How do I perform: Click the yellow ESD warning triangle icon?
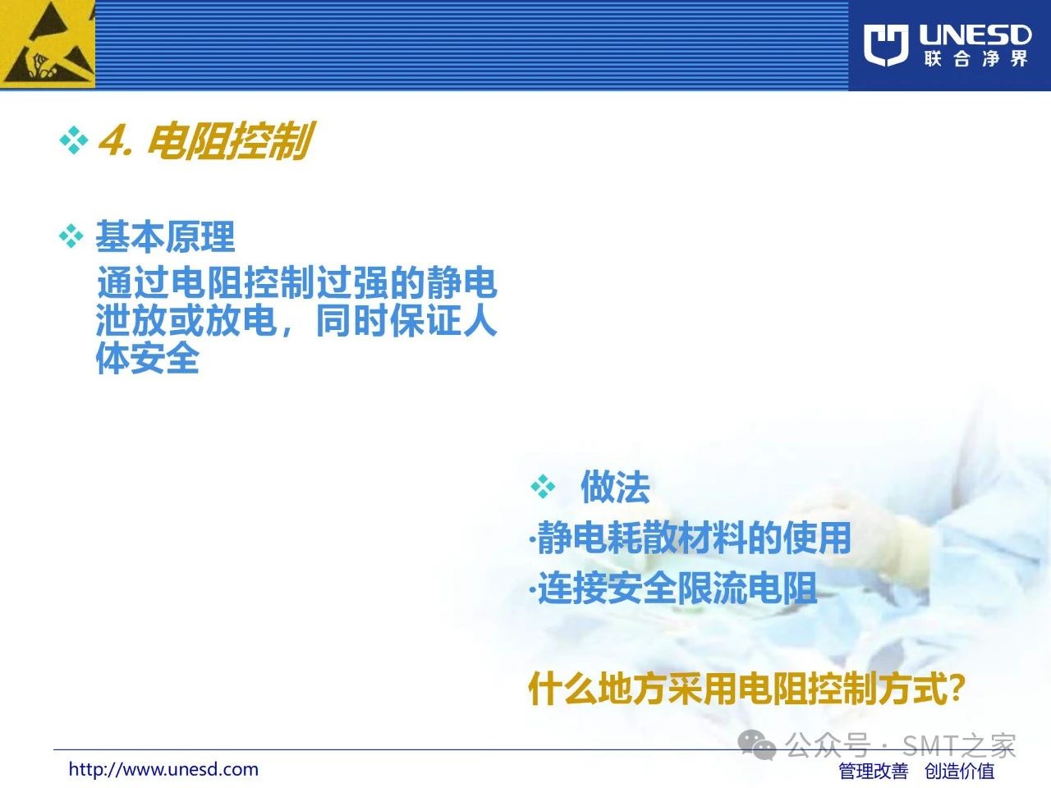coord(47,44)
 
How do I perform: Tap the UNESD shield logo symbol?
coord(886,45)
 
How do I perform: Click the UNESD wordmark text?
coord(975,35)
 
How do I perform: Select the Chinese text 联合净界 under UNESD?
coord(975,59)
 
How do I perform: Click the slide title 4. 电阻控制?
coord(206,140)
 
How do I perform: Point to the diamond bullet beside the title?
coord(74,140)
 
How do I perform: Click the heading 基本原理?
coord(165,236)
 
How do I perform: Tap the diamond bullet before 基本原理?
coord(71,236)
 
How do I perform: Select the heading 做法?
coord(615,487)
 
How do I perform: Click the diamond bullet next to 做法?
coord(544,487)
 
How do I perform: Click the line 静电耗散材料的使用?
coord(690,538)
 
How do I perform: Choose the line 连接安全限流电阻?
coord(673,588)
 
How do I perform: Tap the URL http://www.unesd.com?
coord(163,769)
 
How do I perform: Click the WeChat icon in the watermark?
coord(757,745)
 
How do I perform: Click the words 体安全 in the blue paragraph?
coord(148,358)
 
